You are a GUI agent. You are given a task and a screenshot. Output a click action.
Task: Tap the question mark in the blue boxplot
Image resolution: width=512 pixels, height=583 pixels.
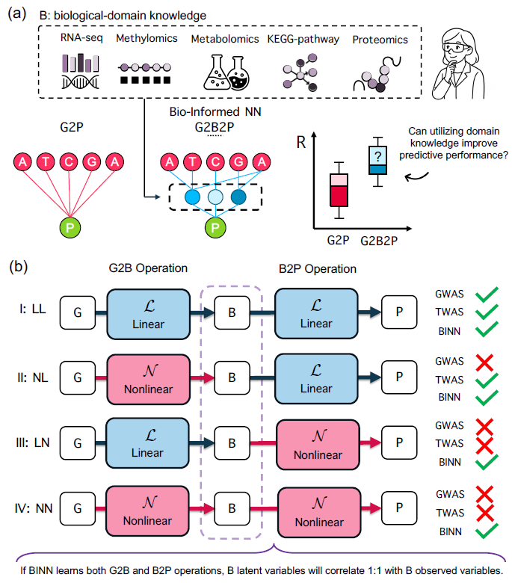coord(380,155)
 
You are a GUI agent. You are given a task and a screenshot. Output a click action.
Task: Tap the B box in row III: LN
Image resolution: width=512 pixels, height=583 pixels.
coord(231,442)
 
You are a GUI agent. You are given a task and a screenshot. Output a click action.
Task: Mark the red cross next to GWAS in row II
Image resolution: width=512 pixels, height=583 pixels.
coord(484,362)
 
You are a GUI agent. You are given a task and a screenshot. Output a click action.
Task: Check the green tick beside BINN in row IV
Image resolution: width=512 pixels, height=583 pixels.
coord(484,531)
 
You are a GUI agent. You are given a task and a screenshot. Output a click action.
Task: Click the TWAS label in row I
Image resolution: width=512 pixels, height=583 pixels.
coord(450,312)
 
